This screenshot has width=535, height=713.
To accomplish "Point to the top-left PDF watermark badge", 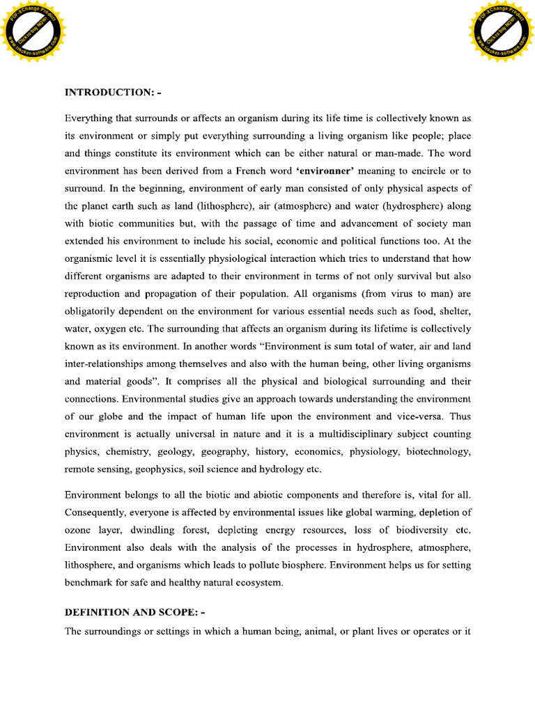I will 33,30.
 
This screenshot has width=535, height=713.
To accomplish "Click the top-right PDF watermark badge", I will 502,30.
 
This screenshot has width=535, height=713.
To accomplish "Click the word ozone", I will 78,530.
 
